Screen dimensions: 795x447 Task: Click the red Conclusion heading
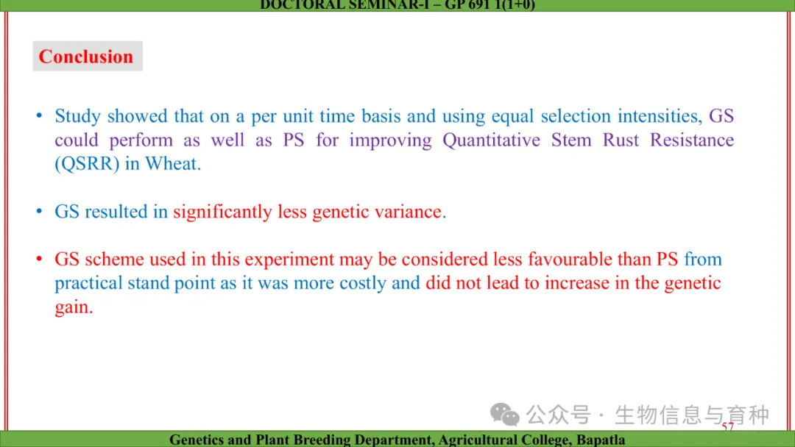tap(85, 56)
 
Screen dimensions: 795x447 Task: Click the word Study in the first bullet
tap(77, 117)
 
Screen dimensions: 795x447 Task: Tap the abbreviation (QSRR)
tap(87, 164)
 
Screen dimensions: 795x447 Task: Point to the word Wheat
tap(173, 163)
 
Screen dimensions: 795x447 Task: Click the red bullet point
tap(39, 260)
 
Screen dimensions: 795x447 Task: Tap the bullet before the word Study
tap(39, 116)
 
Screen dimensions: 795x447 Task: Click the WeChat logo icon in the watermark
tap(504, 415)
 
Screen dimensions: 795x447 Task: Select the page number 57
tap(727, 426)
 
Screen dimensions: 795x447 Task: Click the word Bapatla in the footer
tap(601, 440)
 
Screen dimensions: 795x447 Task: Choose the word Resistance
tap(692, 140)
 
